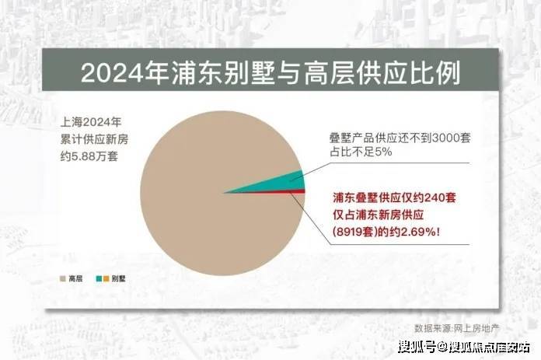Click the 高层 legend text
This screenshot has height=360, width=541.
75,278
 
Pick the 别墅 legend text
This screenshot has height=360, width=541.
118,278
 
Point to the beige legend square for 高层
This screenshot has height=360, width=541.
63,278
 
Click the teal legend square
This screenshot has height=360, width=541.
99,278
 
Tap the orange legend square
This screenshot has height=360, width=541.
106,278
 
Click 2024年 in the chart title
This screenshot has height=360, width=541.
124,72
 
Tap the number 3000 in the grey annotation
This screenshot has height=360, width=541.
445,138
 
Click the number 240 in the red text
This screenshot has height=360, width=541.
434,197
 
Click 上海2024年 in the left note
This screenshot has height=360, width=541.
91,122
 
